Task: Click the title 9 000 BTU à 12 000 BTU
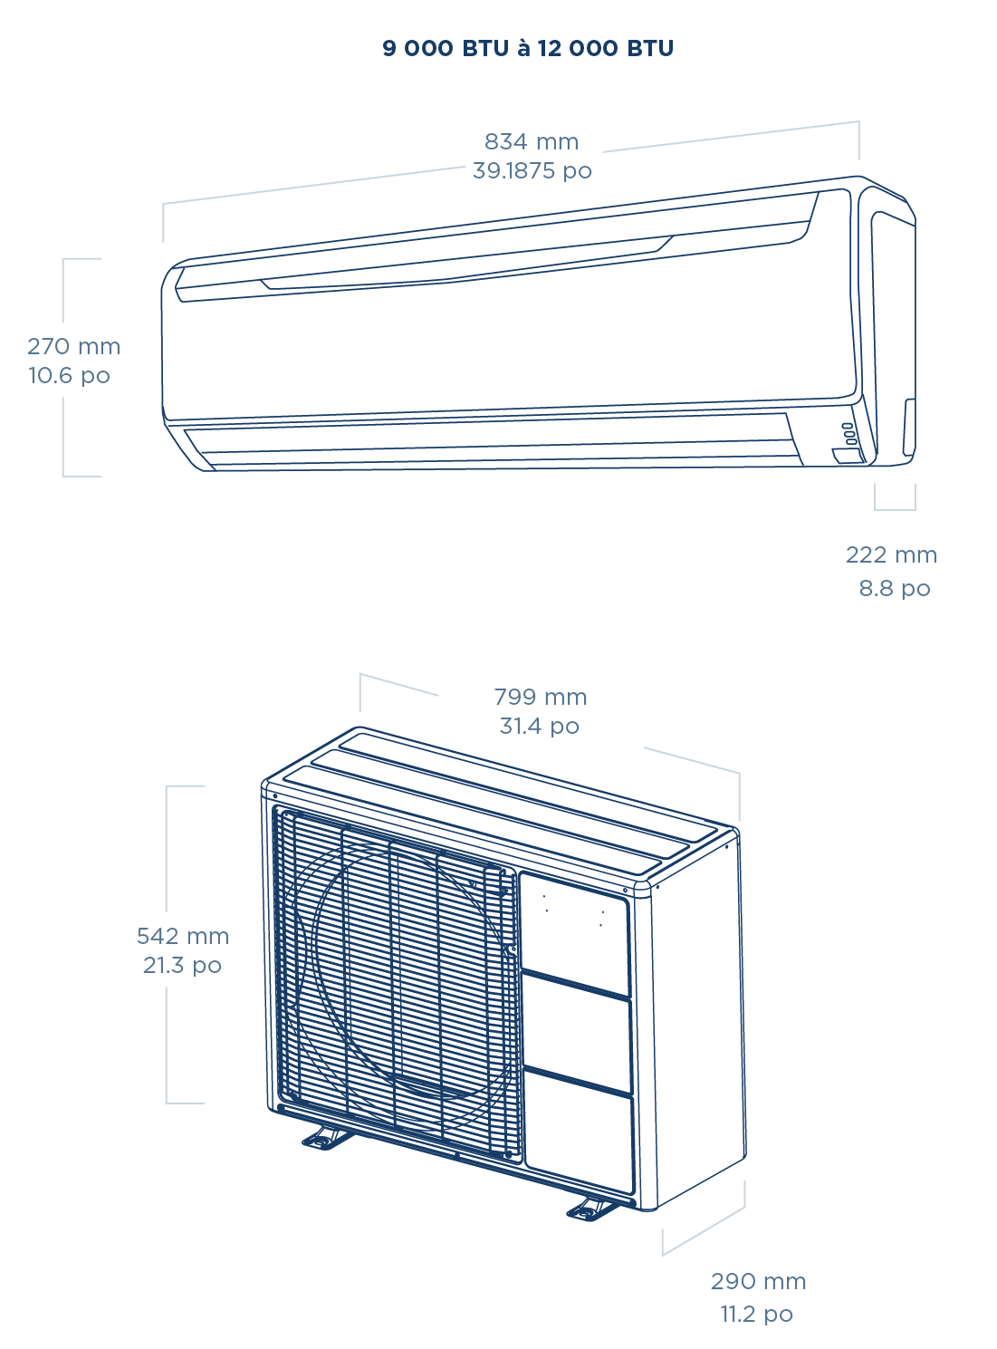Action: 528,49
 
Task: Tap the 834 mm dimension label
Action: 532,142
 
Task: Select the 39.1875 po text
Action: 532,171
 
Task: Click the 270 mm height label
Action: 73,347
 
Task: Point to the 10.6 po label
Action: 69,376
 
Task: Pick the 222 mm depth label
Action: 891,555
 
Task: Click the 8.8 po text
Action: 895,589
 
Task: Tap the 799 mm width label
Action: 541,698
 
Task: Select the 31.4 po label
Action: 540,727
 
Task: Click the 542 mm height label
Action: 182,937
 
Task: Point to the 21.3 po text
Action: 182,966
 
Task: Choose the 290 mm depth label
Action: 758,1282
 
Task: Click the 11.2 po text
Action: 757,1315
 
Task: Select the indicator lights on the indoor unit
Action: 848,433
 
